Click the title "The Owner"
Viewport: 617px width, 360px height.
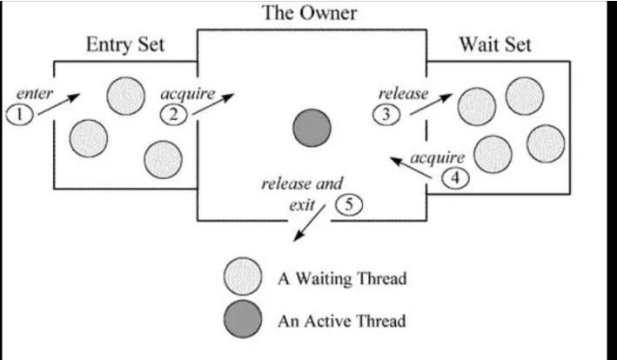311,14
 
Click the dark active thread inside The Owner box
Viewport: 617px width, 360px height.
312,129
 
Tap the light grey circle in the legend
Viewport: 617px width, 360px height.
242,279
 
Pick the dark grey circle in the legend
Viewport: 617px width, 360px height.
242,320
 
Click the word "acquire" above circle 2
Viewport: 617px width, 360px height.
187,92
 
